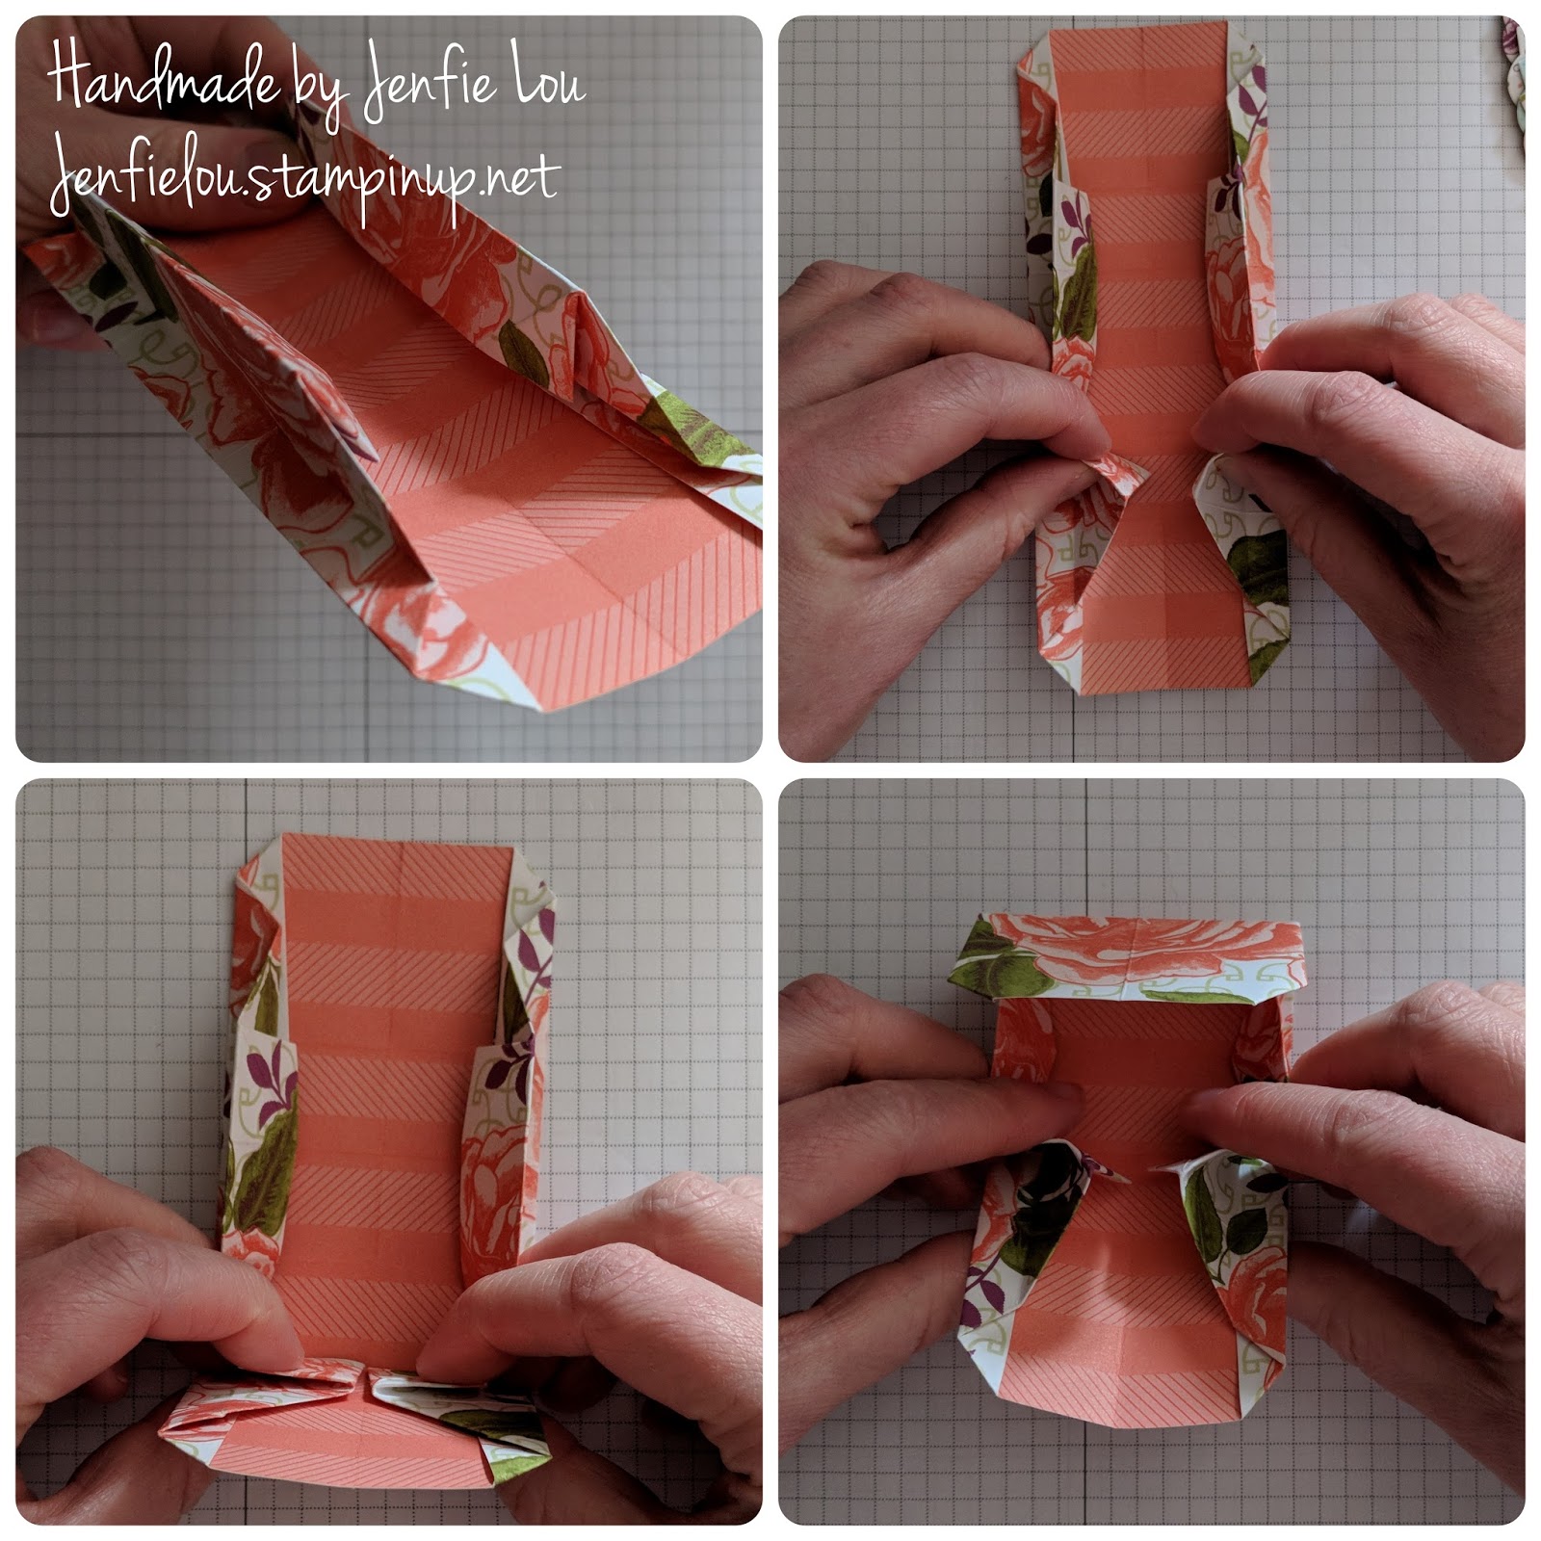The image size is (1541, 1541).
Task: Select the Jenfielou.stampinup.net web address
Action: [303, 178]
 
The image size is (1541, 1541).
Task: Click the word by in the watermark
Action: [318, 91]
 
